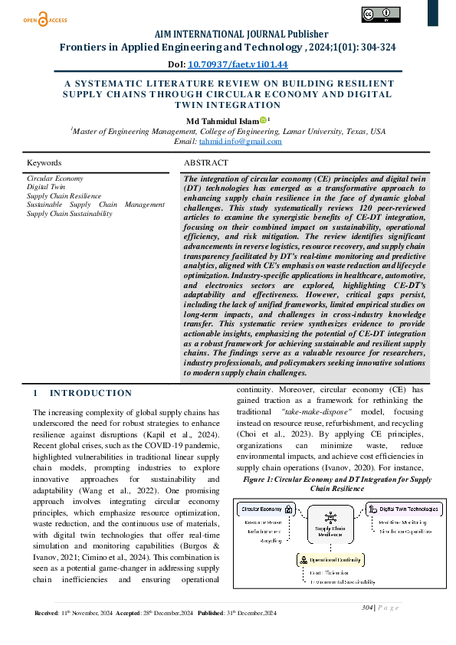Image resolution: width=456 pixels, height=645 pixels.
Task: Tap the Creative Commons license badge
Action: pyautogui.click(x=380, y=16)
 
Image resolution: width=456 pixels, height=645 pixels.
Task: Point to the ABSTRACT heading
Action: pyautogui.click(x=206, y=163)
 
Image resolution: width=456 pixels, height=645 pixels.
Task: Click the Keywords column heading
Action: pyautogui.click(x=44, y=163)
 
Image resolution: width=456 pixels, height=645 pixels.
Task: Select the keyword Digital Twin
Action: pyautogui.click(x=45, y=186)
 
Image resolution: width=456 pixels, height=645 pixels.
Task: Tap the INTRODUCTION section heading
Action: pyautogui.click(x=90, y=393)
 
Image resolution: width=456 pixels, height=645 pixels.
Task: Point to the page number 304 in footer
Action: pyautogui.click(x=367, y=607)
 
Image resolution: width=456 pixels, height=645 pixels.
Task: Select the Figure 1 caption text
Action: pyautogui.click(x=336, y=483)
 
